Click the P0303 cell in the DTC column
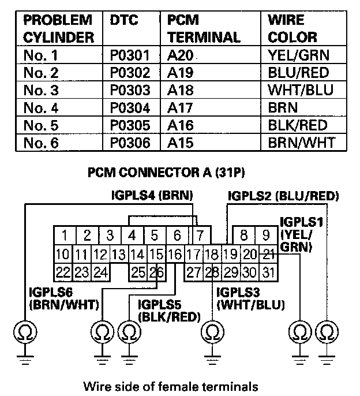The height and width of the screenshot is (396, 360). pyautogui.click(x=130, y=91)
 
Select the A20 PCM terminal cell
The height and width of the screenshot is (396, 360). pyautogui.click(x=181, y=56)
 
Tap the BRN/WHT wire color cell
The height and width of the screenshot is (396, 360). pyautogui.click(x=301, y=142)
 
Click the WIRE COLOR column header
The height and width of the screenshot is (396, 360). pyautogui.click(x=292, y=28)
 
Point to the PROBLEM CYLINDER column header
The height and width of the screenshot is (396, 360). pyautogui.click(x=58, y=28)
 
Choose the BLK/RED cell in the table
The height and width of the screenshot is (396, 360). pyautogui.click(x=298, y=125)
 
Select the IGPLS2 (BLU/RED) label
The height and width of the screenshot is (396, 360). pyautogui.click(x=283, y=196)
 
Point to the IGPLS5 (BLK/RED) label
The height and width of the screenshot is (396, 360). pyautogui.click(x=169, y=310)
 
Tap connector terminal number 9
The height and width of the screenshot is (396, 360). pyautogui.click(x=267, y=236)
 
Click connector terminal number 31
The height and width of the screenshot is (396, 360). pyautogui.click(x=267, y=272)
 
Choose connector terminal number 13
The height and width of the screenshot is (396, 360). pyautogui.click(x=119, y=254)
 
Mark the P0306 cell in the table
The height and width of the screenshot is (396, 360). pyautogui.click(x=130, y=142)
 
